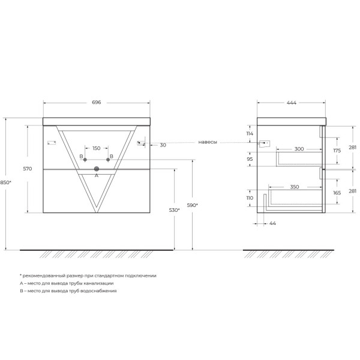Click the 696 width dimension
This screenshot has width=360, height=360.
(97, 103)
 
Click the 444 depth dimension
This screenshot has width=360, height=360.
(292, 103)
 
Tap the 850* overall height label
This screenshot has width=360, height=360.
(5, 182)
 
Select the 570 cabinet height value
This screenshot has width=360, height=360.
(28, 169)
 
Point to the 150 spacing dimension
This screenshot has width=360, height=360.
(97, 148)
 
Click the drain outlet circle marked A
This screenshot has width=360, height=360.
(97, 169)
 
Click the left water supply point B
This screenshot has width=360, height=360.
(85, 160)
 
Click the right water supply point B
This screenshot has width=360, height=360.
(108, 160)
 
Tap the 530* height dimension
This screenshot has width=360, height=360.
(174, 210)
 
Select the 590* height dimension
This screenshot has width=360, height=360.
(192, 205)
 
